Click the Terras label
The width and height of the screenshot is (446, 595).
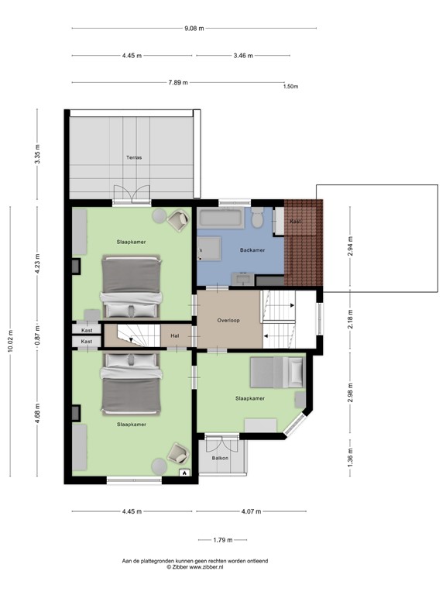(x=135, y=157)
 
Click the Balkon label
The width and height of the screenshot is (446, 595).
(x=220, y=459)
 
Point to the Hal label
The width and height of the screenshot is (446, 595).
(x=175, y=335)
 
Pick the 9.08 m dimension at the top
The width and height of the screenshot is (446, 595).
(x=194, y=29)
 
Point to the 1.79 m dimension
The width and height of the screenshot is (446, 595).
(x=225, y=540)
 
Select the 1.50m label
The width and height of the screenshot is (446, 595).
(x=291, y=87)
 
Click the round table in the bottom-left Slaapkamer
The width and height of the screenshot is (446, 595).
(x=159, y=465)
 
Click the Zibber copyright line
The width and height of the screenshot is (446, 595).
(x=194, y=567)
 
